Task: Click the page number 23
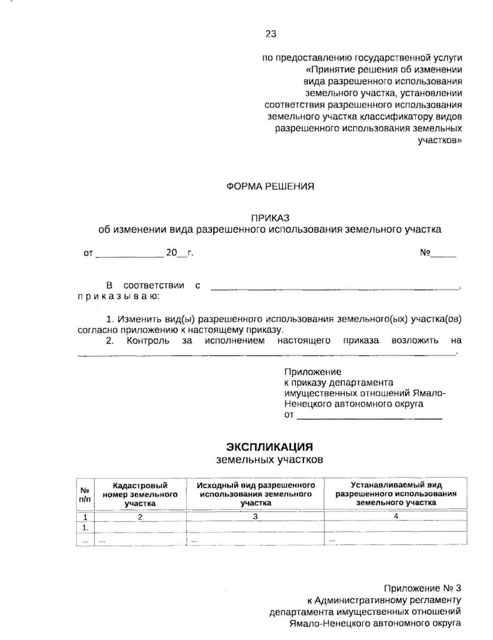coord(271,34)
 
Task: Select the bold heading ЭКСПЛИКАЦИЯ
coord(270,447)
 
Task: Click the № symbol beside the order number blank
coord(424,253)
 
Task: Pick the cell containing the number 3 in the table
coord(255,517)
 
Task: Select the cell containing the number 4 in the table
coord(396,517)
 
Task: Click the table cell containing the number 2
coord(140,517)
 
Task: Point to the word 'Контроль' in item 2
coord(148,341)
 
